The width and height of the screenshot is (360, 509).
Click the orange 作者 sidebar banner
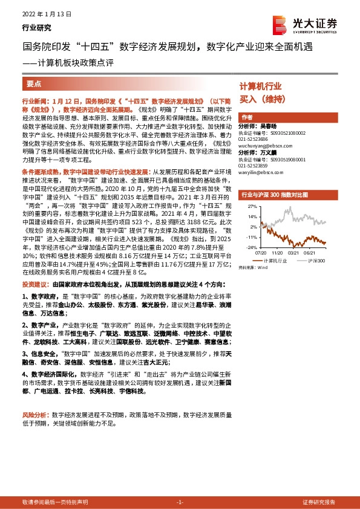click(247, 117)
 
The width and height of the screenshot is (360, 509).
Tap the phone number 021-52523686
click(257, 139)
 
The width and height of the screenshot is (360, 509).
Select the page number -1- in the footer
click(180, 502)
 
